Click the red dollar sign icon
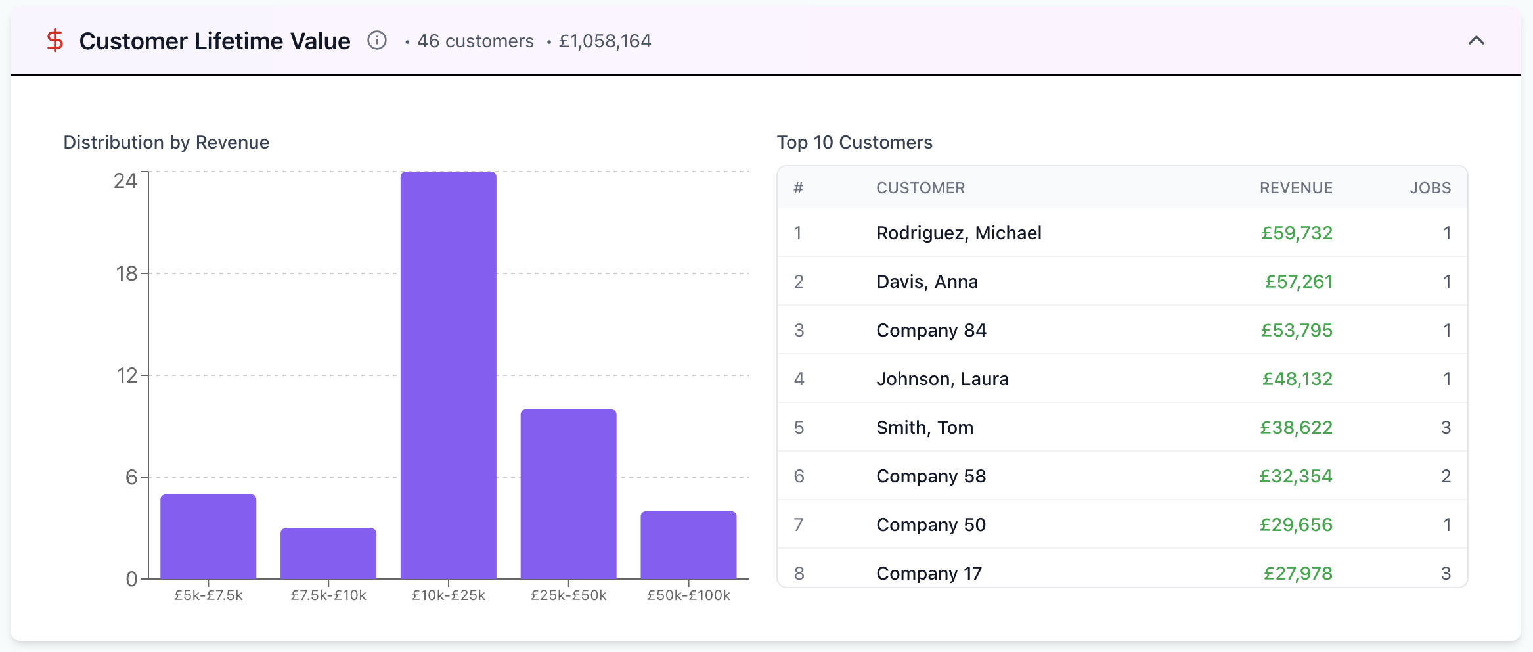(55, 41)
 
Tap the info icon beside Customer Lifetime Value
(377, 41)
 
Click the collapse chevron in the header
(1477, 41)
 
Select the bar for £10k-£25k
(449, 375)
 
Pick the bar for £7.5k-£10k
(328, 553)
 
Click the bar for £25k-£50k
(569, 494)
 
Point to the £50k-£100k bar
(688, 545)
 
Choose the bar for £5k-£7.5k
(208, 536)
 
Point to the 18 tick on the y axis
(127, 273)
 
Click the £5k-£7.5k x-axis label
(208, 595)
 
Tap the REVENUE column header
(1296, 188)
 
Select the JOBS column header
(1431, 188)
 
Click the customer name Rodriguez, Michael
(959, 233)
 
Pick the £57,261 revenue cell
(1299, 282)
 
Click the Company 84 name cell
(931, 331)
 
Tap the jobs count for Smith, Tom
(1446, 428)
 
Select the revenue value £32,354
(1296, 477)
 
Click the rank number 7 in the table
(799, 525)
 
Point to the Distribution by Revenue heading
(166, 143)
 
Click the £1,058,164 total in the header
(605, 41)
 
